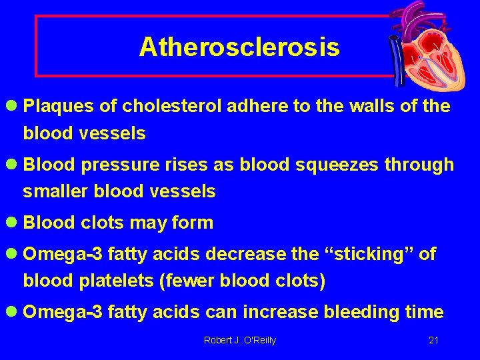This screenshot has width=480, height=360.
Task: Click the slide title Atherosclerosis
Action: [x=239, y=47]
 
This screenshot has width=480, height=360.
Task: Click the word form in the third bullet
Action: [x=192, y=223]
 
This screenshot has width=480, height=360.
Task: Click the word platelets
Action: [x=117, y=281]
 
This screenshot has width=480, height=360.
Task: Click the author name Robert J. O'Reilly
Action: [x=239, y=341]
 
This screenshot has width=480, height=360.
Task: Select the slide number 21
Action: [x=433, y=341]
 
